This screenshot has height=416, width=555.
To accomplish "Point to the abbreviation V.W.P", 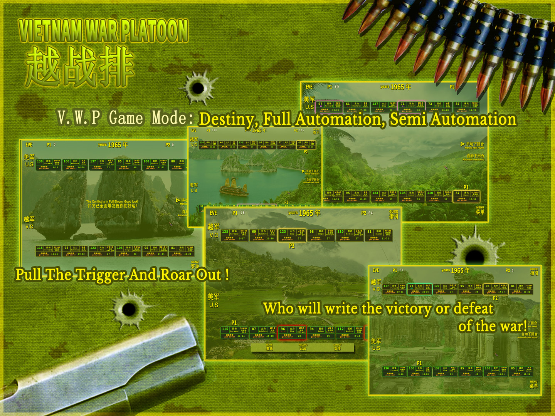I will (79, 117).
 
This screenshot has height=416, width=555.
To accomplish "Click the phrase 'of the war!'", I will (492, 326).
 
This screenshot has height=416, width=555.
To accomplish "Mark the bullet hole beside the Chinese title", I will (198, 88).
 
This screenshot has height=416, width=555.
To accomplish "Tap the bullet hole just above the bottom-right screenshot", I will (475, 255).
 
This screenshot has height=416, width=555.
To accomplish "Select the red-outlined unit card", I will (292, 332).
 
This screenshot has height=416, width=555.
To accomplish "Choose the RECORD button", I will (303, 347).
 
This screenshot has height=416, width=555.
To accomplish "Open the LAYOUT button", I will (337, 347).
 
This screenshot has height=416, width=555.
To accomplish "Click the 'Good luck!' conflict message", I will (112, 203).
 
